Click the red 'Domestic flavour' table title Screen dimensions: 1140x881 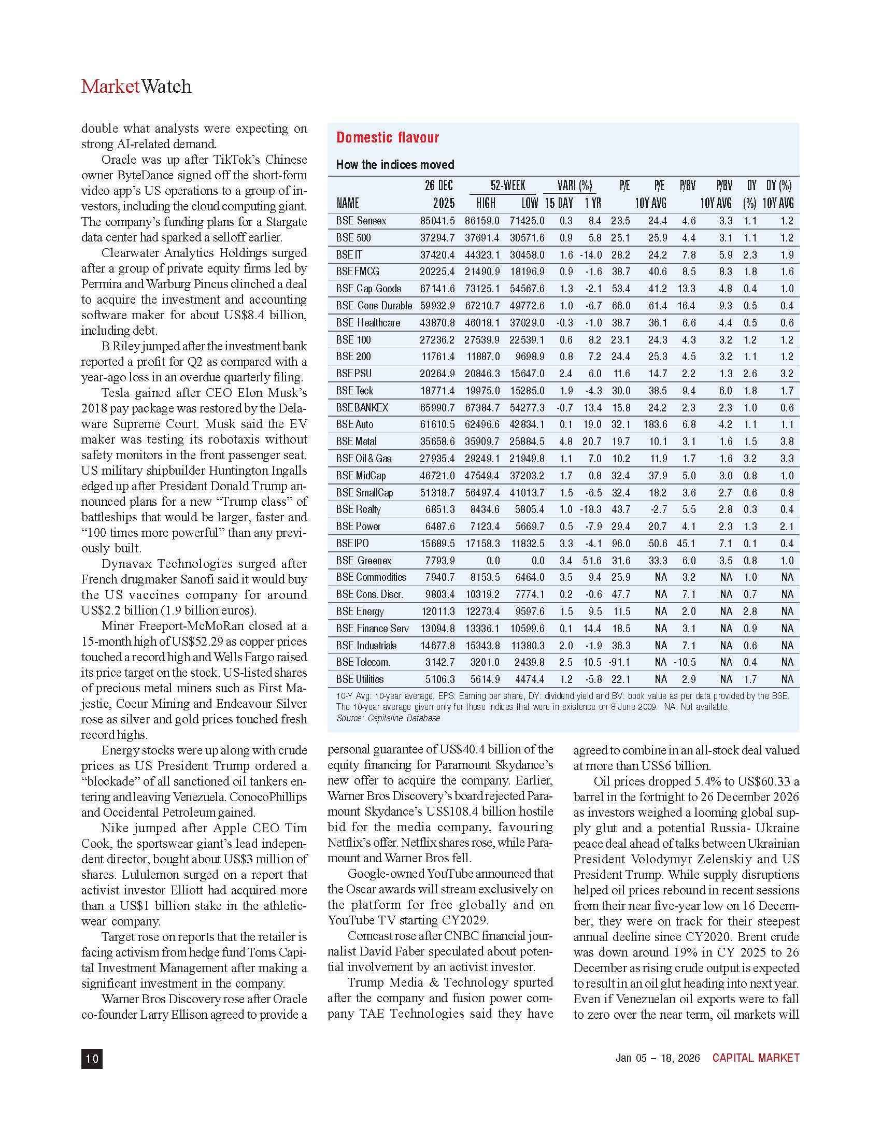click(x=387, y=137)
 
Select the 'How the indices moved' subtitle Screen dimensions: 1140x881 click(x=395, y=165)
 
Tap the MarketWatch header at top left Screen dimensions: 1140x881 click(x=136, y=86)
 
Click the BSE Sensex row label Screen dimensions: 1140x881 click(x=361, y=221)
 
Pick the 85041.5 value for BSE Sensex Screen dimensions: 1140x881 click(x=437, y=221)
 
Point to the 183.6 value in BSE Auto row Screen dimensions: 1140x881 click(x=655, y=424)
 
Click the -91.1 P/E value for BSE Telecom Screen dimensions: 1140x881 click(x=619, y=662)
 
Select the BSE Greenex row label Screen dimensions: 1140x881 click(x=364, y=561)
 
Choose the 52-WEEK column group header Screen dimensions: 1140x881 click(x=508, y=186)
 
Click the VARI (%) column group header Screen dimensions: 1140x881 click(x=575, y=186)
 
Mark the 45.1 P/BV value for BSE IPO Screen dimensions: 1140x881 click(x=686, y=544)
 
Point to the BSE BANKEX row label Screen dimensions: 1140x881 click(x=362, y=408)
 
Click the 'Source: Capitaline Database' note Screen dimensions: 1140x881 click(x=388, y=718)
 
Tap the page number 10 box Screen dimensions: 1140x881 click(x=92, y=1059)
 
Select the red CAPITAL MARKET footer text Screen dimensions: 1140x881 click(x=756, y=1058)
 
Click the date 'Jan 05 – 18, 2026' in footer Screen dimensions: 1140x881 click(x=658, y=1058)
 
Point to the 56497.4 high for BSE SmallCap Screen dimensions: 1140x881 click(x=482, y=493)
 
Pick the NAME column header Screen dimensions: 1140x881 click(x=348, y=203)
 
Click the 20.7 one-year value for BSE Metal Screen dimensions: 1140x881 click(x=592, y=441)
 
